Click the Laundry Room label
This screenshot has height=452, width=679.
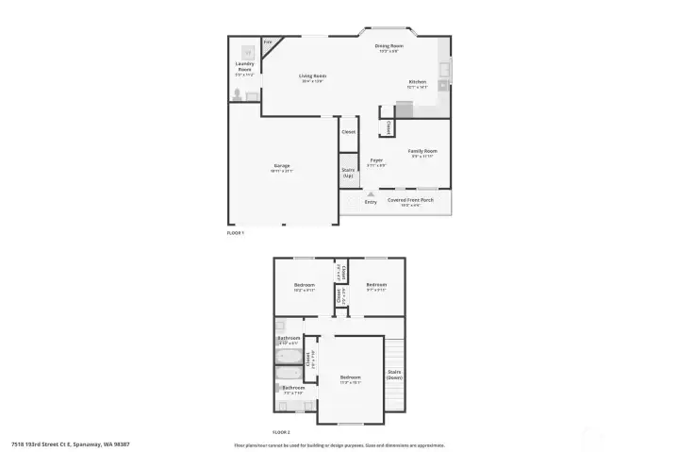pos(244,68)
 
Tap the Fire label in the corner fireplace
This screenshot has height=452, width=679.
pos(268,42)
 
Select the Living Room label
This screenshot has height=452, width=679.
pos(313,76)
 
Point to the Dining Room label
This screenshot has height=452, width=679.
pos(389,47)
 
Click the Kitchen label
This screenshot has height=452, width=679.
pos(417,83)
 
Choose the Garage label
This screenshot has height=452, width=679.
pos(282,167)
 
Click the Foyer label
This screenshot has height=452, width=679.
pos(376,162)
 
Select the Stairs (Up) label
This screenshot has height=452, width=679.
pos(348,173)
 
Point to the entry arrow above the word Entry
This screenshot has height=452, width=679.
pos(371,193)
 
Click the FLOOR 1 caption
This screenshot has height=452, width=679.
pos(236,232)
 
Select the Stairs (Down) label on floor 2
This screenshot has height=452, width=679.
pos(394,374)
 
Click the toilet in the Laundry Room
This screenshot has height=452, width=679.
pos(238,94)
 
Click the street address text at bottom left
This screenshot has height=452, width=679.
pos(71,444)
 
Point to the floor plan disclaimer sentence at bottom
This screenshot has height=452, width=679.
pos(339,444)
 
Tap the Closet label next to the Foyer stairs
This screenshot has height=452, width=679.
pos(348,131)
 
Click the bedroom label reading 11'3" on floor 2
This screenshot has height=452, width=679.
pos(351,380)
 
